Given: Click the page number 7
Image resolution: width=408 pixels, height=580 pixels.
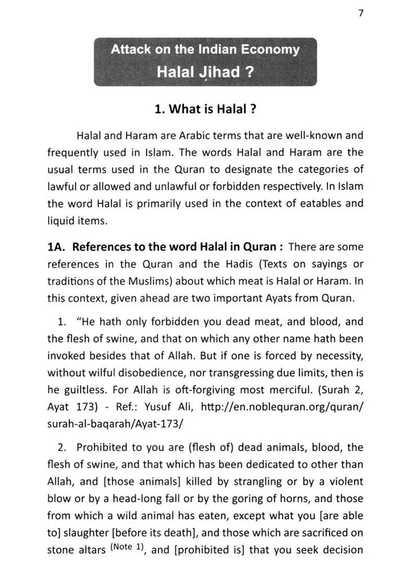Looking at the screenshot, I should click(360, 14).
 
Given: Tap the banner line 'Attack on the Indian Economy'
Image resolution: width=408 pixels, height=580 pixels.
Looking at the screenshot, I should click(205, 50).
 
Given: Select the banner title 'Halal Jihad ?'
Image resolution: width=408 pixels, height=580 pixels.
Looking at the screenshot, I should click(205, 72).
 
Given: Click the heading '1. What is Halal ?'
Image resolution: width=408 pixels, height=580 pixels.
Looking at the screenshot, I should click(205, 109).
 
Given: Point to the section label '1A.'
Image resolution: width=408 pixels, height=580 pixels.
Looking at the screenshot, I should click(56, 247).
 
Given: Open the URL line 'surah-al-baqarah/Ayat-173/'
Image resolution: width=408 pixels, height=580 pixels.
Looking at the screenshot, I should click(115, 423).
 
